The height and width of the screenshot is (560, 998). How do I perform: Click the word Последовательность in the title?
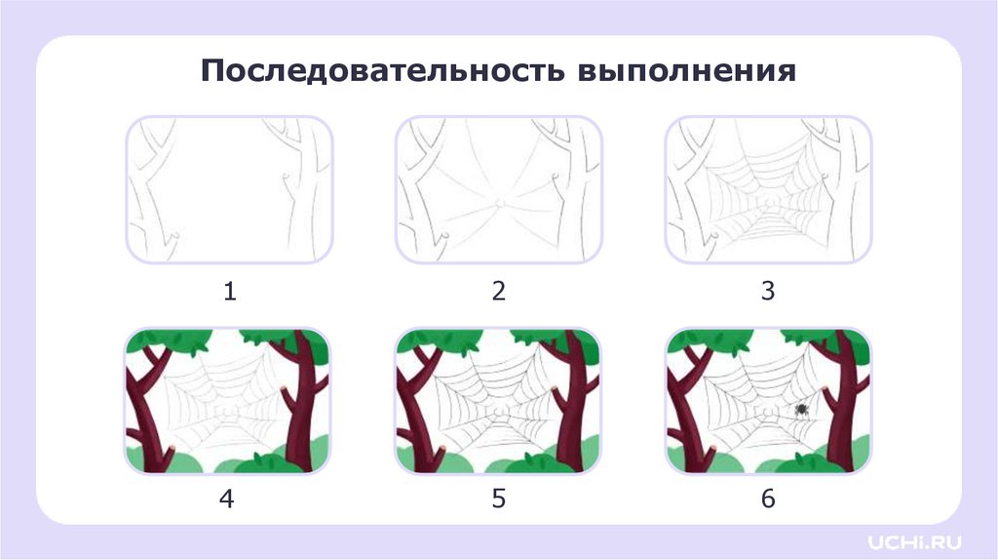click(x=382, y=70)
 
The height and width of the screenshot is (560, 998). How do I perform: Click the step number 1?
click(x=230, y=291)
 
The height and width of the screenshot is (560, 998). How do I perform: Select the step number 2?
click(x=499, y=291)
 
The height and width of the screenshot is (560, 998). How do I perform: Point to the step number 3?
click(x=768, y=291)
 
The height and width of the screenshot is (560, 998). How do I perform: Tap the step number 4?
click(x=227, y=499)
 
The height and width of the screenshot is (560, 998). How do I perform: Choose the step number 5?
click(x=499, y=499)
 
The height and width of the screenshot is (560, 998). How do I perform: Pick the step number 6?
click(x=768, y=499)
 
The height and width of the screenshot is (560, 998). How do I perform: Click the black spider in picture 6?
click(x=801, y=410)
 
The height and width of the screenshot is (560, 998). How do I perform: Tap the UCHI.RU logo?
click(x=914, y=542)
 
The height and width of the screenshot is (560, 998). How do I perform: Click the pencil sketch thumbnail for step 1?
click(x=230, y=190)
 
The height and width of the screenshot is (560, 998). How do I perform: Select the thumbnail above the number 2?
click(x=499, y=190)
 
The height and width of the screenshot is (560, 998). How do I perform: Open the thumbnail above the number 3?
click(x=768, y=190)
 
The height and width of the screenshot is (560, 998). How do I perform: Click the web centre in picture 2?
click(x=499, y=203)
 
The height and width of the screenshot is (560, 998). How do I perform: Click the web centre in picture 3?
click(x=768, y=204)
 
